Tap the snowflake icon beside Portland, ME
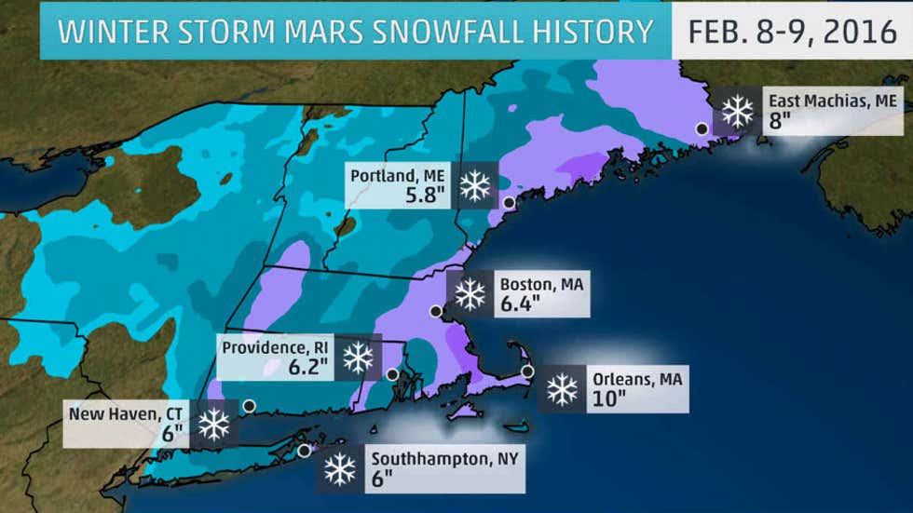(x=475, y=184)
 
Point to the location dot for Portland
(x=509, y=202)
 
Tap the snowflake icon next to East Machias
(x=738, y=112)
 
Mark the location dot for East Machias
(x=702, y=129)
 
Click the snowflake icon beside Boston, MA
(x=470, y=293)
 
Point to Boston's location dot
(x=434, y=311)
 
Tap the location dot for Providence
(x=392, y=374)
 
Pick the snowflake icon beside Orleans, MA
(x=562, y=389)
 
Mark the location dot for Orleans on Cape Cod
(x=527, y=371)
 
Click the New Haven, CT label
(x=127, y=411)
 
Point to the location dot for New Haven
(x=249, y=405)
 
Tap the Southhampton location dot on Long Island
(x=304, y=451)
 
